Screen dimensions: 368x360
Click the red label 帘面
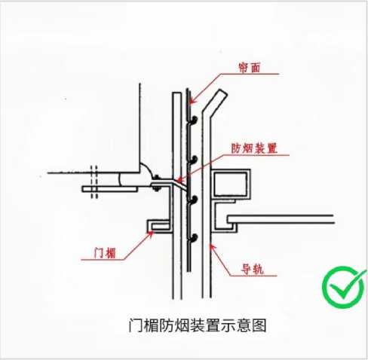249,68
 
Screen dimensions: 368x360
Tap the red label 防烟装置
254,148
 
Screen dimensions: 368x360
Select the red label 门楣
105,253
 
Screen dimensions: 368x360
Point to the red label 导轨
253,270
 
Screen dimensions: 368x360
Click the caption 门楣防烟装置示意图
198,325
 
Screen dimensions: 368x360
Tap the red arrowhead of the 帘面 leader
192,101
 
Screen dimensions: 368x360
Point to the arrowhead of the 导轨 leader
212,246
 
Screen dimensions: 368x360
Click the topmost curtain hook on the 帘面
193,120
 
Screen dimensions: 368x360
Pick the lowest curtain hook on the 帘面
193,238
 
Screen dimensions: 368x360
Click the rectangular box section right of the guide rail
232,183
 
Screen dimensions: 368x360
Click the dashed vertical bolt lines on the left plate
94,182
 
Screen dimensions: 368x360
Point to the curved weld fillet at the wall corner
146,169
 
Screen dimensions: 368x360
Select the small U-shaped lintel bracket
159,226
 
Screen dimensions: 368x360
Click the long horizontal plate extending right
281,219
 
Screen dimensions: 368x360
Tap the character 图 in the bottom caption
259,325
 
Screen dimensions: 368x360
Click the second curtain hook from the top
193,160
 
